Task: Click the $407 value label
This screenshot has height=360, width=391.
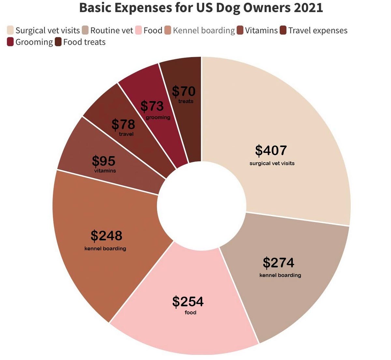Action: pyautogui.click(x=271, y=150)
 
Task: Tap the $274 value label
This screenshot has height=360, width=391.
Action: pyautogui.click(x=278, y=262)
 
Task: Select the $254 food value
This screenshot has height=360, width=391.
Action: pyautogui.click(x=188, y=302)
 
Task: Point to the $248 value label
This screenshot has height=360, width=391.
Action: pyautogui.click(x=106, y=235)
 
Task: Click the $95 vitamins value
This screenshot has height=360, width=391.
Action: pyautogui.click(x=104, y=161)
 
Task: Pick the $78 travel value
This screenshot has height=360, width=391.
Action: pyautogui.click(x=123, y=124)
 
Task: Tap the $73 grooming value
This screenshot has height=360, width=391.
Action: pyautogui.click(x=152, y=106)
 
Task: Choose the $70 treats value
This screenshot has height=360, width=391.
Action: pyautogui.click(x=183, y=91)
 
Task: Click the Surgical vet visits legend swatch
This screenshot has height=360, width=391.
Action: pyautogui.click(x=10, y=30)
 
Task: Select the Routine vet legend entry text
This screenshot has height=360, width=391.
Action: pyautogui.click(x=111, y=30)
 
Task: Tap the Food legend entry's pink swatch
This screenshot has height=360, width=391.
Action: pyautogui.click(x=138, y=30)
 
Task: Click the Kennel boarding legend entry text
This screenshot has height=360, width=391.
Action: pyautogui.click(x=204, y=30)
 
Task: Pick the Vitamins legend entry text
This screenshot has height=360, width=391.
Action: pyautogui.click(x=261, y=30)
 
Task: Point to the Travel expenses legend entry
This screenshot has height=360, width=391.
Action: pyautogui.click(x=318, y=30)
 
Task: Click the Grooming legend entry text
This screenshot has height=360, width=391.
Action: pyautogui.click(x=34, y=42)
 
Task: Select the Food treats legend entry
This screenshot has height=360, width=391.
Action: pyautogui.click(x=84, y=42)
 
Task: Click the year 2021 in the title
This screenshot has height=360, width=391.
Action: pyautogui.click(x=308, y=8)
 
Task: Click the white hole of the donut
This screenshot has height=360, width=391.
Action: pyautogui.click(x=201, y=205)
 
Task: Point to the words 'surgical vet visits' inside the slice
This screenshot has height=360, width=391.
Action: pyautogui.click(x=272, y=163)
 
